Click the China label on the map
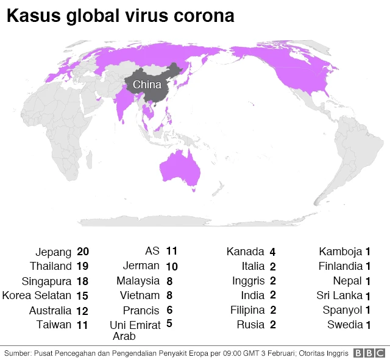click(x=147, y=85)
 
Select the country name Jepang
click(x=54, y=252)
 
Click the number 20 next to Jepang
click(x=83, y=252)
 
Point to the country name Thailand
click(x=51, y=266)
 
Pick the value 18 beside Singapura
click(x=83, y=281)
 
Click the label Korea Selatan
click(x=37, y=295)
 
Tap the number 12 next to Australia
click(x=83, y=311)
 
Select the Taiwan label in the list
click(x=54, y=325)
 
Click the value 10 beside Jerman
click(x=171, y=266)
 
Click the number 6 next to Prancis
click(x=169, y=309)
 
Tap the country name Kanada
click(x=245, y=252)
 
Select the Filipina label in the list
click(x=247, y=310)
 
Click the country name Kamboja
click(x=341, y=252)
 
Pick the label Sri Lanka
click(x=339, y=295)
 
